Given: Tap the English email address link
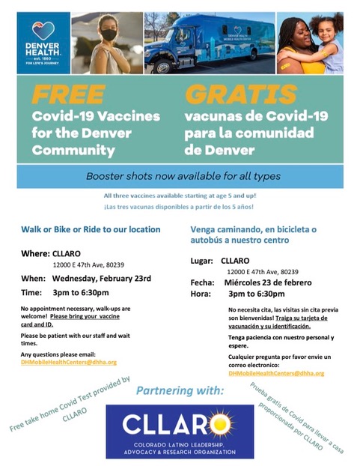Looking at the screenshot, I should [x=68, y=362].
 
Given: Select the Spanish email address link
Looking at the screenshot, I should [x=276, y=372].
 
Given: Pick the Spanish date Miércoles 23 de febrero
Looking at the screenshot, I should [x=266, y=282].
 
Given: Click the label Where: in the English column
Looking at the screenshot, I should [x=34, y=253].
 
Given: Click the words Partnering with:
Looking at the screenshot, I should [x=179, y=391].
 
